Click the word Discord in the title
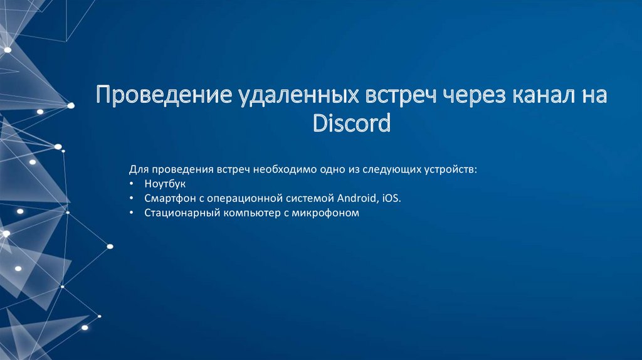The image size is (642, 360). click(352, 123)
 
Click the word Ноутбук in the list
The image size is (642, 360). click(165, 184)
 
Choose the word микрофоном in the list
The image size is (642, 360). click(330, 213)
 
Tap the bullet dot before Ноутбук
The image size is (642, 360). click(132, 184)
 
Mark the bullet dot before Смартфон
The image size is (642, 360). click(132, 198)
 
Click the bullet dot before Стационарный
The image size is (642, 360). click(132, 213)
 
